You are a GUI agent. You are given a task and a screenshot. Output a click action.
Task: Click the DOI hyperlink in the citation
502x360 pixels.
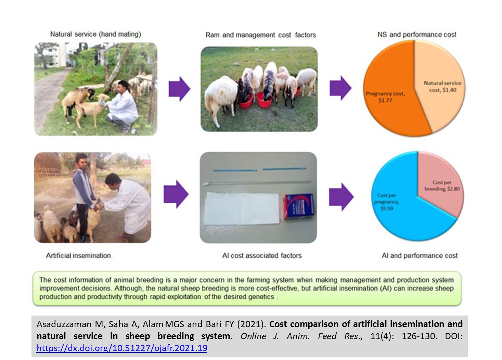(122, 348)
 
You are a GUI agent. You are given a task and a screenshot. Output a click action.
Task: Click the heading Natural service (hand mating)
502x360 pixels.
(96, 34)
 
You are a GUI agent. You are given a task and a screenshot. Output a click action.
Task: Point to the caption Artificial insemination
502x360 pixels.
(78, 256)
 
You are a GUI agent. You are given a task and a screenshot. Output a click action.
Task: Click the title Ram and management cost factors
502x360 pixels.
(261, 35)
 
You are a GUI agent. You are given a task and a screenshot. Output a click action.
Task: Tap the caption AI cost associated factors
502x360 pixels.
(262, 256)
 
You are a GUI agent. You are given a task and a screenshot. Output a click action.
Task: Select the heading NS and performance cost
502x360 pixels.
(417, 35)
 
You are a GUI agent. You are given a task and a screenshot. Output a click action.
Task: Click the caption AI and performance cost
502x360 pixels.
(420, 256)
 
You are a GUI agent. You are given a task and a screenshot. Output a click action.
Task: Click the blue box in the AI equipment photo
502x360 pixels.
(299, 207)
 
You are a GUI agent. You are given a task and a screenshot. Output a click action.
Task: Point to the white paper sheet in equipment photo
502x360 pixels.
(242, 208)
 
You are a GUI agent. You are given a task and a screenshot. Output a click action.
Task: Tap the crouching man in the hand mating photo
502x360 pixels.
(122, 106)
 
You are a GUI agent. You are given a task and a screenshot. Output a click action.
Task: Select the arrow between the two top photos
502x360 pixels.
(180, 89)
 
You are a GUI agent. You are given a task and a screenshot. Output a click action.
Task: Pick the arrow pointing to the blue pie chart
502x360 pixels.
(341, 197)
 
